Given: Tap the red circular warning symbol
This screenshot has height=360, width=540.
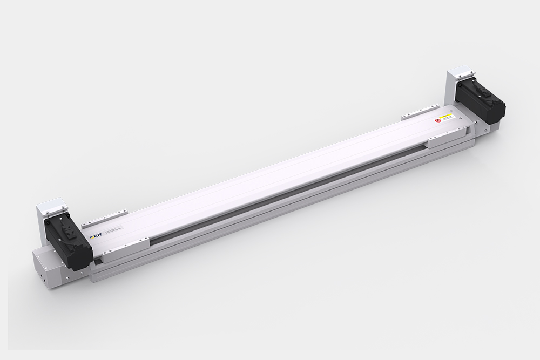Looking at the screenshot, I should click(x=438, y=121).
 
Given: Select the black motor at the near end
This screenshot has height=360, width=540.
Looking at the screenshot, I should click(x=67, y=242).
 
